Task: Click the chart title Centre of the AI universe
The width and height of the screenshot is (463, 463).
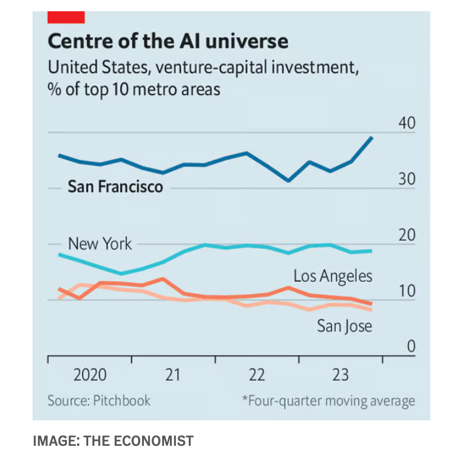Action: [168, 41]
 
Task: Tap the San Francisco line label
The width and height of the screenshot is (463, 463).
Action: [115, 187]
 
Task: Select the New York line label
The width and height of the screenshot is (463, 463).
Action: [100, 243]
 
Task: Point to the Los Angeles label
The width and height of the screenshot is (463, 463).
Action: [333, 276]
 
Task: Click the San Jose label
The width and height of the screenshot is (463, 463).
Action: [344, 326]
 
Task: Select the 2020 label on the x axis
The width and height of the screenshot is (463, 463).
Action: [90, 375]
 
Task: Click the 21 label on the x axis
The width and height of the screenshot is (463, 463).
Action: [172, 375]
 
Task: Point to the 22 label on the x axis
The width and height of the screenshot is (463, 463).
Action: [256, 375]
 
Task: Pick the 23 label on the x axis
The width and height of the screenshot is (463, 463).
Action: [340, 375]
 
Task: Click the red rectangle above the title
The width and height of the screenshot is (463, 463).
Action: [66, 17]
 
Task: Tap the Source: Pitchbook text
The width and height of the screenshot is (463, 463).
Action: [99, 401]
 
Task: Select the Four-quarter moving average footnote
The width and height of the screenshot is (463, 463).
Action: [329, 401]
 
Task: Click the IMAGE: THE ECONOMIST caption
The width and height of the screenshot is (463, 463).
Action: [113, 441]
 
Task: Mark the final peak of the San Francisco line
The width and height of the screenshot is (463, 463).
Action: [371, 137]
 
